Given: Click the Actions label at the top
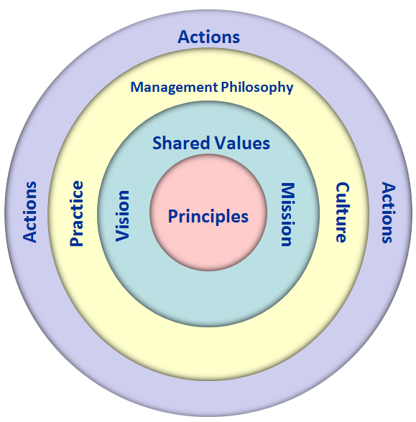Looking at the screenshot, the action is point(209,37).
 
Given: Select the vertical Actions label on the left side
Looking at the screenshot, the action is point(29,212).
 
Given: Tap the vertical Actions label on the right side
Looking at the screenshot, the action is point(389,212).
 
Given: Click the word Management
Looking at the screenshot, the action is point(174,88).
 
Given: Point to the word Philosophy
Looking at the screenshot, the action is point(257,88).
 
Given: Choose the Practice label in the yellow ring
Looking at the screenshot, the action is point(76,213).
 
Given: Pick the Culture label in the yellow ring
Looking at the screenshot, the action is point(343,212).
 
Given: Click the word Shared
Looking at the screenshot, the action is point(181,143).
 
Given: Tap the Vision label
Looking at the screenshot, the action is point(123,216).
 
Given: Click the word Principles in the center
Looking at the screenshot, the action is point(208,217).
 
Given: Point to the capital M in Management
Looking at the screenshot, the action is point(137,88).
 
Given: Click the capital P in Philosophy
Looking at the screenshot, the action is point(226,87).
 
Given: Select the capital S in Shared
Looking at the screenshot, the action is point(157,143).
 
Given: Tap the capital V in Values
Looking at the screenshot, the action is point(220,143).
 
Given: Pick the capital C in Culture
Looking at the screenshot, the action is point(343,188).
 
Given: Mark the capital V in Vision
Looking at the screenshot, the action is point(123,235).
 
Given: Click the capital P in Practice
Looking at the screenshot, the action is point(76,241).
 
